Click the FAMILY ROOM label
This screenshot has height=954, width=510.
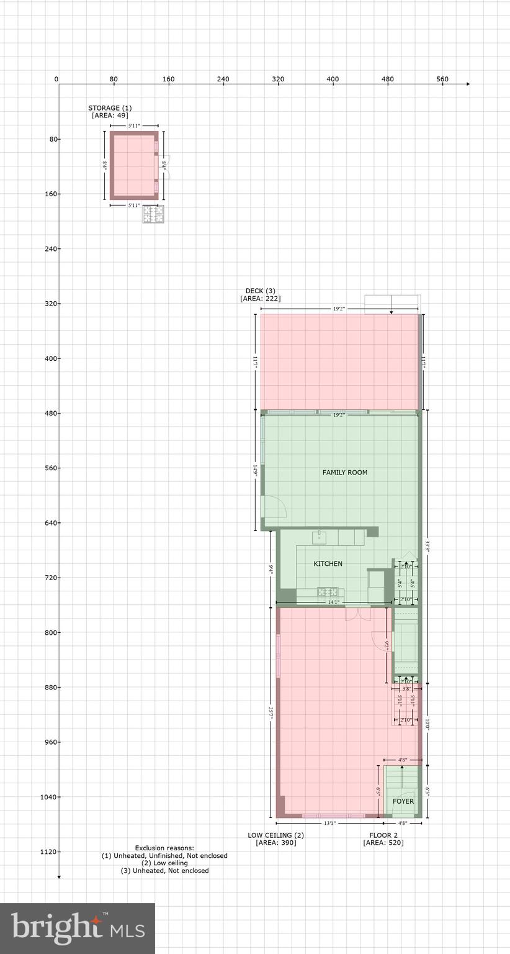344,473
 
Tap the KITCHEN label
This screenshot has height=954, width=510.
328,564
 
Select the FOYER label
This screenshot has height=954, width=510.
403,801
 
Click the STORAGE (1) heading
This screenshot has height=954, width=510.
110,108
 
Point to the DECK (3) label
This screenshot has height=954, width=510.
260,291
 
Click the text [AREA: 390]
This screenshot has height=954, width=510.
276,843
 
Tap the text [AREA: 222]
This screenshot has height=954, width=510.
260,299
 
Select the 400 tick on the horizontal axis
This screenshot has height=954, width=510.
333,79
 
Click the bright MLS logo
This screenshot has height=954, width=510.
78,929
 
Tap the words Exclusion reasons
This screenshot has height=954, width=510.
164,848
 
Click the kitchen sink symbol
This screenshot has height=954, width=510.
320,537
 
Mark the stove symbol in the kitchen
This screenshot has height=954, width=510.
327,592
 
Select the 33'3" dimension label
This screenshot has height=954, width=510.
427,547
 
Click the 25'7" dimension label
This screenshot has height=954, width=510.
271,712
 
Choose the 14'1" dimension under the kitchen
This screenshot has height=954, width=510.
333,602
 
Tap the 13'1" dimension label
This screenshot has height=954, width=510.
329,824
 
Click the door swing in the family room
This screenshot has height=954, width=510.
274,507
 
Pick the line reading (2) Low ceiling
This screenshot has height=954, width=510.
164,863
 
